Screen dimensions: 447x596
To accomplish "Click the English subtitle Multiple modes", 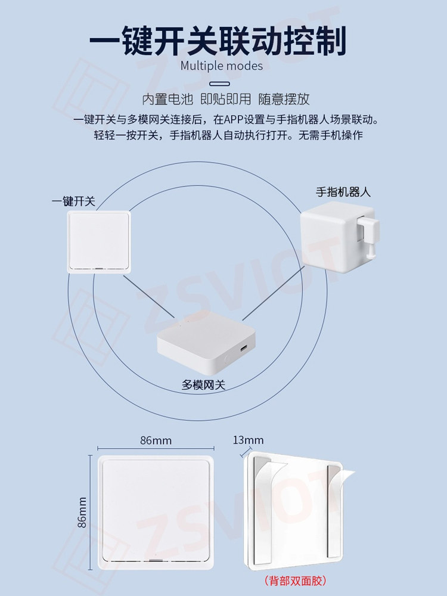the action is (222, 66).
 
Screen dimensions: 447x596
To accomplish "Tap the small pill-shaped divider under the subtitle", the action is (220, 83).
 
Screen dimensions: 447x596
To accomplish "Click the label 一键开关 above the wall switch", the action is (73, 201).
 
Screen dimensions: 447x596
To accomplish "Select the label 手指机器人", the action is (343, 192).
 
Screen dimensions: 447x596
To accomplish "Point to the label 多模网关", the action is (203, 385).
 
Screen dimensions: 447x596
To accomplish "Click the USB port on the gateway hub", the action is (243, 348).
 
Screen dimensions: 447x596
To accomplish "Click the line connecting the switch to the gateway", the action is (148, 297).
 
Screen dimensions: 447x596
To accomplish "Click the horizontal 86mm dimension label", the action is (156, 440).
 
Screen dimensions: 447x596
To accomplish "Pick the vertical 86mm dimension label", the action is (82, 513).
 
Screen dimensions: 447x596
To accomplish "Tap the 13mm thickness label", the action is (248, 440).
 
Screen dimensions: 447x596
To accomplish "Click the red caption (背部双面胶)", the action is (296, 581).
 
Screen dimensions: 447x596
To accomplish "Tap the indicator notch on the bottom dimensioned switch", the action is (155, 560).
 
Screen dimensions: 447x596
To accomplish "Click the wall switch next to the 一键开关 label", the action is (99, 242).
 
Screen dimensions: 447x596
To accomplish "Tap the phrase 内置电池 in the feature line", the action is (167, 99).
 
